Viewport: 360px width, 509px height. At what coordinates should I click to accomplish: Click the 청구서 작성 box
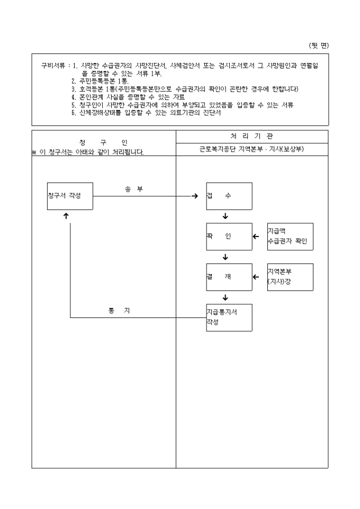[70, 196]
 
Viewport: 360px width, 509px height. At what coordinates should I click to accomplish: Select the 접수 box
[229, 196]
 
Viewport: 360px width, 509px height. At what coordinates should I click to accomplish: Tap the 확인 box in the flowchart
[229, 237]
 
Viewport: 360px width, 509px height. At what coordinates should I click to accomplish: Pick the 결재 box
[229, 277]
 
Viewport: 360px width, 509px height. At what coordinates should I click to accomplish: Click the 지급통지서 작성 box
[229, 317]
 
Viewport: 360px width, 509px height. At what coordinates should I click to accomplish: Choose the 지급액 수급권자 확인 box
[290, 237]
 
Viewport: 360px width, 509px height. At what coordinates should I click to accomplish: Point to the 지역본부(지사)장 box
[290, 277]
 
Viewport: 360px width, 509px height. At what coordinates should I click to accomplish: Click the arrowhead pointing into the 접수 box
[195, 196]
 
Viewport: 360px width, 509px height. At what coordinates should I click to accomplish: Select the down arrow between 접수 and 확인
[226, 216]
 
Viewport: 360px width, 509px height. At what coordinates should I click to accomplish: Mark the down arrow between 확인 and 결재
[226, 257]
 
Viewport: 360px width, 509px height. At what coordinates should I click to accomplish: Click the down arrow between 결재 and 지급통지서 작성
[226, 297]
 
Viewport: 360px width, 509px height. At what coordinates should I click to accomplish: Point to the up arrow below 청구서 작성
[66, 216]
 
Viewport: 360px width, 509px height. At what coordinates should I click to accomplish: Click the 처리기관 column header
[251, 137]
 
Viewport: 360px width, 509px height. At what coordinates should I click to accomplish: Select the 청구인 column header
[103, 143]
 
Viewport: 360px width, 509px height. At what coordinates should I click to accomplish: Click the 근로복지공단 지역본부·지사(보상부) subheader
[251, 150]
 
